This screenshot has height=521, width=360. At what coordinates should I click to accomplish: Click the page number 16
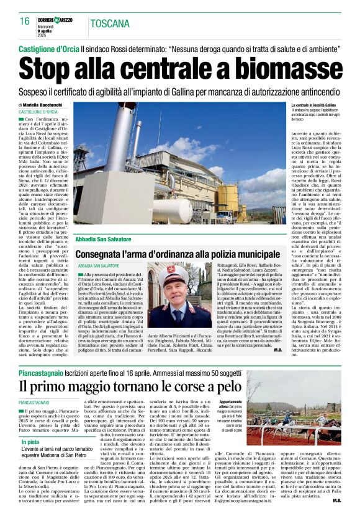[24, 21]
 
